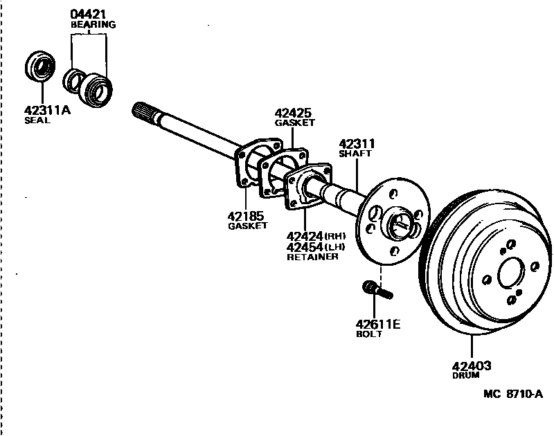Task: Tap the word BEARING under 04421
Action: (93, 25)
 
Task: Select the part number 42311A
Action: (48, 109)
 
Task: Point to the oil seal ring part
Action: (42, 67)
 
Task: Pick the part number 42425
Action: (293, 113)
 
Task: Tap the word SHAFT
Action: (355, 154)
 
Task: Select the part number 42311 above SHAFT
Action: (357, 143)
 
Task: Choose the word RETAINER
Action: (312, 257)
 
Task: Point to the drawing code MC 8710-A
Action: (513, 394)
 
